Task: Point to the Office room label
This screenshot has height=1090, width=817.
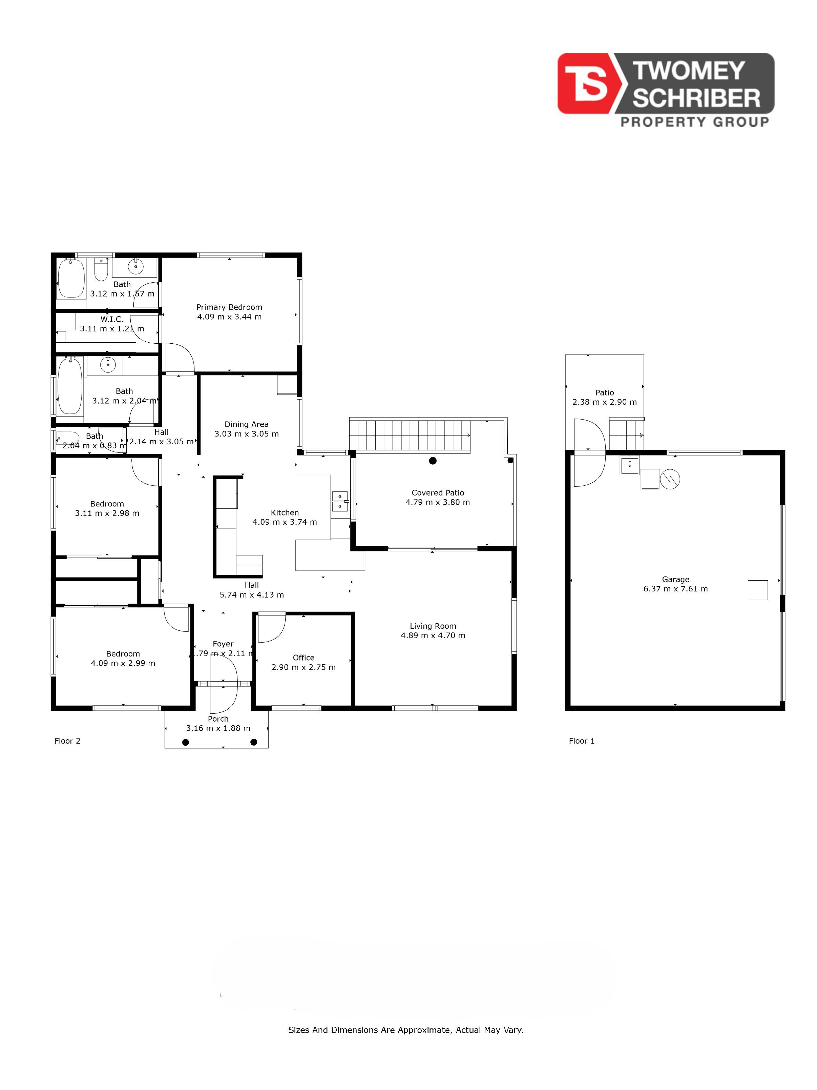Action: click(303, 658)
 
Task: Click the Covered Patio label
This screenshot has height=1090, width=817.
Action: click(438, 493)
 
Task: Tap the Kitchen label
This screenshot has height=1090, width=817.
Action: click(285, 512)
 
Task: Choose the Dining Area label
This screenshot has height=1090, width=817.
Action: click(246, 424)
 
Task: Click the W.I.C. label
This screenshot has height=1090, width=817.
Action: click(112, 319)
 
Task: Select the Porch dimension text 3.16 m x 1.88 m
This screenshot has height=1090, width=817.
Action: click(218, 728)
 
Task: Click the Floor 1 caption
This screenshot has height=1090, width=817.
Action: click(582, 741)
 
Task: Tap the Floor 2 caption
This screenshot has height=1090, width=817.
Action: click(67, 741)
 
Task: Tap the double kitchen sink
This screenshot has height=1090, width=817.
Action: click(340, 501)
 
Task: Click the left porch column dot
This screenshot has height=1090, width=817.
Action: click(186, 743)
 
